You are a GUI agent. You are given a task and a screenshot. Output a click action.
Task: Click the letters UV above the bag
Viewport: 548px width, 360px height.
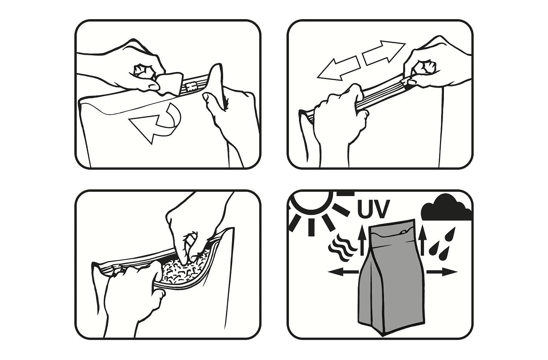(373, 209)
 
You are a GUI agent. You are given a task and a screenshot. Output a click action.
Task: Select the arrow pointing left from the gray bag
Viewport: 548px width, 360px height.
(343, 272)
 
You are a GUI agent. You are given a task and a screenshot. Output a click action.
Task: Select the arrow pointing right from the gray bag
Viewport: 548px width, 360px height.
(442, 272)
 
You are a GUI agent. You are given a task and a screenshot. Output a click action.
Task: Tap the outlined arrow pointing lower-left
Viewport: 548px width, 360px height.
(338, 69)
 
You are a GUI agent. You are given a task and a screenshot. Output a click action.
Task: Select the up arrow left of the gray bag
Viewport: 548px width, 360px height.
(362, 241)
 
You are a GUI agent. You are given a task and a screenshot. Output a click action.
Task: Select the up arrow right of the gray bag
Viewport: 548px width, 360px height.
(423, 241)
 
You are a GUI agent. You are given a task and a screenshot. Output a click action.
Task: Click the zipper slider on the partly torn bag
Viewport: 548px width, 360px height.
(191, 86)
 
